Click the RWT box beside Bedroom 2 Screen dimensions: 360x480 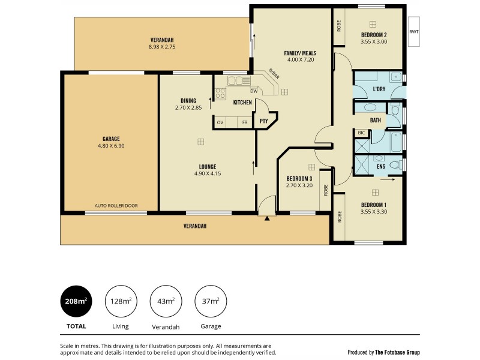click(x=413, y=32)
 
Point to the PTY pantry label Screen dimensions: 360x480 click(x=263, y=122)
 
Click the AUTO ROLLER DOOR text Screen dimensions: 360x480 click(x=116, y=206)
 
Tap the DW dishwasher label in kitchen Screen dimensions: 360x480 click(x=254, y=91)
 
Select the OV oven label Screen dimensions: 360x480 click(x=220, y=122)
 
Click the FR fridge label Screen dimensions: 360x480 click(x=244, y=122)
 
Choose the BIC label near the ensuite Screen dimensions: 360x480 click(x=361, y=133)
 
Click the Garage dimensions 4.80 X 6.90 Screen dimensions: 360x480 click(x=110, y=145)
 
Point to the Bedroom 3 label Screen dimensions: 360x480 click(x=299, y=179)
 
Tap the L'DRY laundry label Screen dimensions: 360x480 click(x=379, y=89)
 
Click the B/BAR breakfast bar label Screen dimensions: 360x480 click(x=274, y=74)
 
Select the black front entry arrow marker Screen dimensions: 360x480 click(x=267, y=218)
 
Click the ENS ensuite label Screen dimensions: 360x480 click(x=380, y=166)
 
